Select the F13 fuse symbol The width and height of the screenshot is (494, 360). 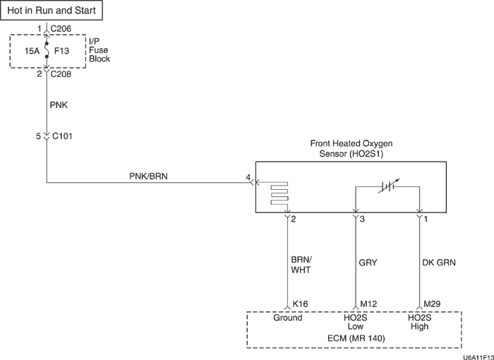(x=47, y=52)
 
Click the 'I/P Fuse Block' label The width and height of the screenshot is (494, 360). (x=99, y=51)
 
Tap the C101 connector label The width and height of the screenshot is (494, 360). (x=62, y=136)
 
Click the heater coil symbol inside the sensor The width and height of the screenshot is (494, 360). (x=278, y=195)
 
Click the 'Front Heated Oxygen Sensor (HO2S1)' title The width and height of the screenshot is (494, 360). (x=351, y=148)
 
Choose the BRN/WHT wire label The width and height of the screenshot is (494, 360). (x=301, y=263)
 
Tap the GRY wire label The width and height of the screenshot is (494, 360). (x=368, y=263)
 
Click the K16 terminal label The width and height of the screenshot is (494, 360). (x=300, y=304)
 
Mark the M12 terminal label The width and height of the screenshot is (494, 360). (x=369, y=304)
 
